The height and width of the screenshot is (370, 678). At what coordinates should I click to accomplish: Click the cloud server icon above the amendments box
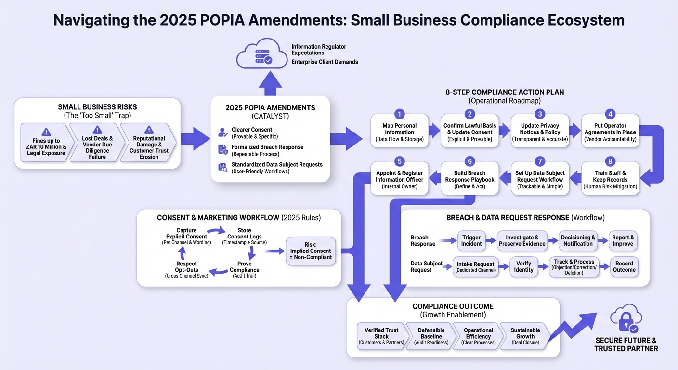[x=262, y=53]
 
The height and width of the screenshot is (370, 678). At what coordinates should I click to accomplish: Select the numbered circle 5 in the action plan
[x=399, y=161]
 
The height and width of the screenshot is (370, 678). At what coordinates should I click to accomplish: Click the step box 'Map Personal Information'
[x=400, y=131]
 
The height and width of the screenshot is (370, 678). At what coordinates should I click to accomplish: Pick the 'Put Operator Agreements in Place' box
[x=610, y=131]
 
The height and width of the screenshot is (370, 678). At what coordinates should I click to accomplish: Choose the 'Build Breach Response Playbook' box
[x=470, y=178]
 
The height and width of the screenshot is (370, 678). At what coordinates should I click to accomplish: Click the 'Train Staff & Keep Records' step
[x=610, y=178]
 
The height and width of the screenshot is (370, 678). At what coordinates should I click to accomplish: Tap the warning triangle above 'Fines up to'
[x=46, y=132]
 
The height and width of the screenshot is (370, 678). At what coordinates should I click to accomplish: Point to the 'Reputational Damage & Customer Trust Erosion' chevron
[x=148, y=142]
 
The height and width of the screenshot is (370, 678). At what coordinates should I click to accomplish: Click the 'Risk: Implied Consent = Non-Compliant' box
[x=311, y=251]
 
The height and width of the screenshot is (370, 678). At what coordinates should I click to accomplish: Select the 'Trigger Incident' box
[x=471, y=241]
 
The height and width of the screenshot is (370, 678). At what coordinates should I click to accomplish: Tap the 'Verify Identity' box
[x=523, y=267]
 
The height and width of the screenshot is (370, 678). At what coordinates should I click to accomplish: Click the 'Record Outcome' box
[x=624, y=267]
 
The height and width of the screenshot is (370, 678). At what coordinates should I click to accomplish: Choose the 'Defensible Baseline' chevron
[x=431, y=336]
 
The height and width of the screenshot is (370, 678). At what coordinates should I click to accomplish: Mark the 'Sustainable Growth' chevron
[x=525, y=336]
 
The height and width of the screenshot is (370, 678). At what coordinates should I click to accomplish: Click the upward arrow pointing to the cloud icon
[x=270, y=83]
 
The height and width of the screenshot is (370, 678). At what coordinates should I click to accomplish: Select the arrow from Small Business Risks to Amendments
[x=195, y=139]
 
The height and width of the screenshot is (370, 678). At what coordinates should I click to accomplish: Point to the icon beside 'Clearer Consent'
[x=222, y=132]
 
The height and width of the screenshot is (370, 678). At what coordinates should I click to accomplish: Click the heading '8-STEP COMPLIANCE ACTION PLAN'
[x=505, y=92]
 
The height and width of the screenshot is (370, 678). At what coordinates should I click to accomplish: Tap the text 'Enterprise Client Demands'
[x=325, y=62]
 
